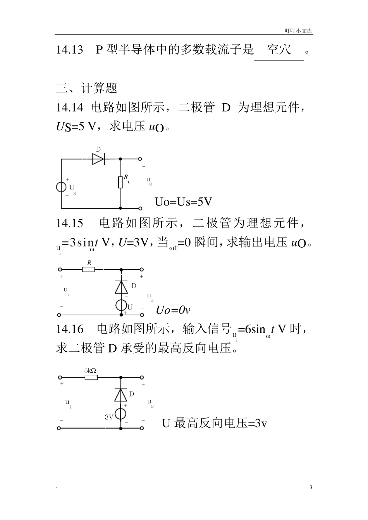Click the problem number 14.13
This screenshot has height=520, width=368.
[x=70, y=50]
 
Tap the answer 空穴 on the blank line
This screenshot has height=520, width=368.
[x=279, y=50]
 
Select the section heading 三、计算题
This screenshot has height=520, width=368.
[x=87, y=88]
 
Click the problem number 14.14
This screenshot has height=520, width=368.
[x=70, y=107]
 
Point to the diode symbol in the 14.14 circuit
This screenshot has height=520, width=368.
[x=98, y=159]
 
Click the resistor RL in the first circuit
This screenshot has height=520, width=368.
[x=120, y=181]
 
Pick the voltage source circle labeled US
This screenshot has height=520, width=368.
[x=62, y=187]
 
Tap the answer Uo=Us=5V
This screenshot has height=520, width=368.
[x=183, y=202]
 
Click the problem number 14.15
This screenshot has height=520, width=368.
[x=70, y=223]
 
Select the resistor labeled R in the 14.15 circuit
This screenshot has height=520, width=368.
[x=89, y=269]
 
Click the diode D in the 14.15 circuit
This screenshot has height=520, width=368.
[x=121, y=287]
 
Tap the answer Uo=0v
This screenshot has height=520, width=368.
[x=173, y=310]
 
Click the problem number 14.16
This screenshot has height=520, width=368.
[x=70, y=329]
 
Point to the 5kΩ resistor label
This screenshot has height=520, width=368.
[x=90, y=370]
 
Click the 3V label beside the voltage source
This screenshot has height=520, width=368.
[x=109, y=417]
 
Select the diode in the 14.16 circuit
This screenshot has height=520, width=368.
[x=121, y=395]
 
